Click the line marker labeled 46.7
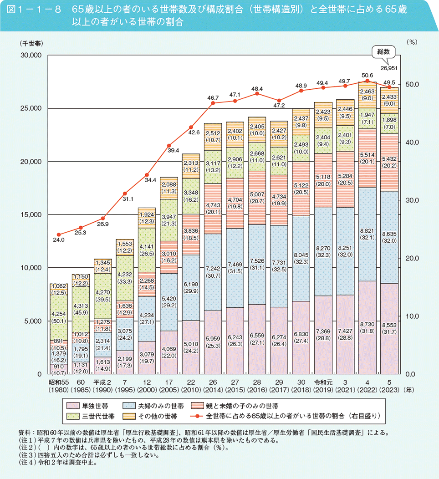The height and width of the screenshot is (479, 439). coord(213,103)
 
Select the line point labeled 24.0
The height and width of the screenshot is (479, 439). coord(58,234)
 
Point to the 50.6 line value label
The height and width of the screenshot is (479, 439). coord(367,75)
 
